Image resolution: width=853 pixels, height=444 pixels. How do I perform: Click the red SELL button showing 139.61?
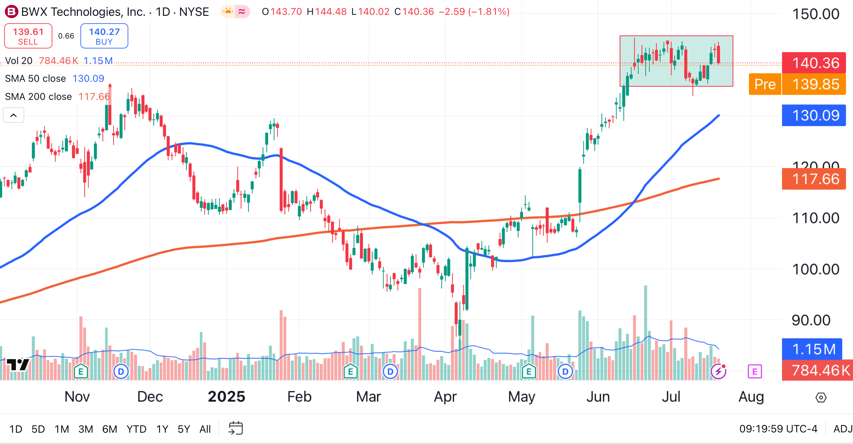click(28, 36)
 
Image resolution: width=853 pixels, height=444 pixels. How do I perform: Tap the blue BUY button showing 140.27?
click(104, 36)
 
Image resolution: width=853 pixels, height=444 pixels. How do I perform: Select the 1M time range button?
click(62, 429)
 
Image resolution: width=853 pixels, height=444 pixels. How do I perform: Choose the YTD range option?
click(136, 429)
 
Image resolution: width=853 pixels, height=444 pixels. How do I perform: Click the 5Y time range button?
click(184, 429)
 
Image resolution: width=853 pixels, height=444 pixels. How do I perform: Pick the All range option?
click(205, 429)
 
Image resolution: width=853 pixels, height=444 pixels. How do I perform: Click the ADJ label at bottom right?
click(843, 429)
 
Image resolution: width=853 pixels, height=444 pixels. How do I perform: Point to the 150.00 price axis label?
click(816, 14)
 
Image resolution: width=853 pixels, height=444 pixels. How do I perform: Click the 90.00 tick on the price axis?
click(811, 320)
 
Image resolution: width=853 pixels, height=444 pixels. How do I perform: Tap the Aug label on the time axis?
click(751, 396)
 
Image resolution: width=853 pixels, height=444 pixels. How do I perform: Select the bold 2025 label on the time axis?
click(226, 396)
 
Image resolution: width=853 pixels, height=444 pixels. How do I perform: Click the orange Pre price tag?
click(765, 84)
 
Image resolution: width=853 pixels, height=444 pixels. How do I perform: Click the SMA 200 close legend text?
click(38, 97)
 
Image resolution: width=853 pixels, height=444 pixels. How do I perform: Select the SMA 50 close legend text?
click(36, 79)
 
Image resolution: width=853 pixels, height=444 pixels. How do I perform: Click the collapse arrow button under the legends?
click(14, 115)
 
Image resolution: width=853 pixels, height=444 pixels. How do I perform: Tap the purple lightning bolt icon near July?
click(718, 371)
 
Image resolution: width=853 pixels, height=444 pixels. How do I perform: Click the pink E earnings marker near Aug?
click(755, 371)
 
